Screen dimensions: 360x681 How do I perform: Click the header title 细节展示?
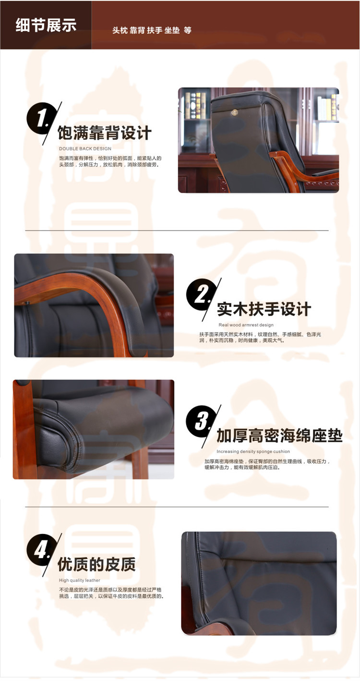(46, 25)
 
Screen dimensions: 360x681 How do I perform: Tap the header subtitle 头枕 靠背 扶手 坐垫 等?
(152, 30)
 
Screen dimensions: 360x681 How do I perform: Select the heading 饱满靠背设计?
(105, 133)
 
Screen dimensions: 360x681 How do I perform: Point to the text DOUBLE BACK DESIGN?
(85, 149)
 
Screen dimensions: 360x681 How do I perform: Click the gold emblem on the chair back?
(235, 112)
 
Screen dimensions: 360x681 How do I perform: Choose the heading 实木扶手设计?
(264, 309)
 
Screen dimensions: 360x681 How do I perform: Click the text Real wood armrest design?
(246, 325)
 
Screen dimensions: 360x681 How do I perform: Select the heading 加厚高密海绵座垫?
(279, 436)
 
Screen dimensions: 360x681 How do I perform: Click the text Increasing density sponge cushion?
(253, 451)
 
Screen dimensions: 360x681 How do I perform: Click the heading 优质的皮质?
(96, 564)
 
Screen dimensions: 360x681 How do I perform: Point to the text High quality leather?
(80, 580)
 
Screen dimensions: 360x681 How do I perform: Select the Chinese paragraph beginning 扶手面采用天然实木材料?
(260, 338)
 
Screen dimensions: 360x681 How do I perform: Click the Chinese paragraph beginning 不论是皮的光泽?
(111, 593)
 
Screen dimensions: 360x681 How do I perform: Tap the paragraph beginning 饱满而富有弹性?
(110, 161)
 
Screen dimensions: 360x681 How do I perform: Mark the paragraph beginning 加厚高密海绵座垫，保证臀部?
(267, 464)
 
